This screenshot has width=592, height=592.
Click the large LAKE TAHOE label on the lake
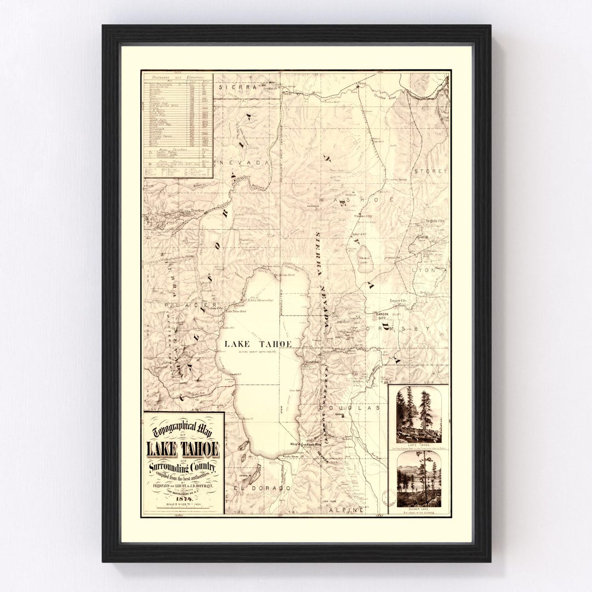[258, 344]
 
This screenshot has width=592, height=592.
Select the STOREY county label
[431, 171]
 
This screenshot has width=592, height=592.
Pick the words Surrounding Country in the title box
[183, 468]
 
